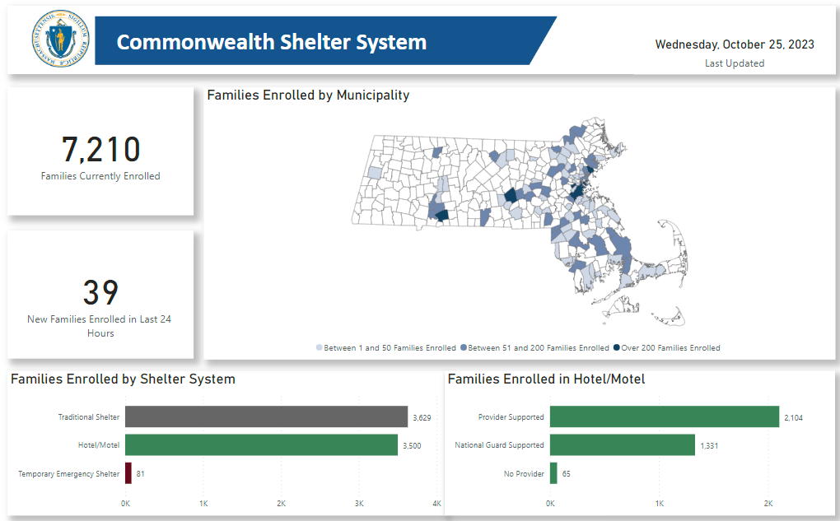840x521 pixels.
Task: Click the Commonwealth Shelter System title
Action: (272, 42)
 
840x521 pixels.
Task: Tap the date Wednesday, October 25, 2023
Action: (735, 44)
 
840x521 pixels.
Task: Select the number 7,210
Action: (100, 150)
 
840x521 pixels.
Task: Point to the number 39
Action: (100, 293)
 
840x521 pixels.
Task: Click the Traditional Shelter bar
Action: (266, 416)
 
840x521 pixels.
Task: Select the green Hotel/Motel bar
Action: (261, 445)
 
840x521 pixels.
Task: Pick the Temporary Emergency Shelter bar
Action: (128, 473)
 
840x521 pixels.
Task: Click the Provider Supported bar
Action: (664, 416)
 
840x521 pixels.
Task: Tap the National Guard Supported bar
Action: (622, 445)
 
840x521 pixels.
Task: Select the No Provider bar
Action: (553, 473)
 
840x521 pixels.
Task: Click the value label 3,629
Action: (421, 418)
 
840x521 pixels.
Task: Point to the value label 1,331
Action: (709, 446)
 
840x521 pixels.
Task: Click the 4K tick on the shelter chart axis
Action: (436, 503)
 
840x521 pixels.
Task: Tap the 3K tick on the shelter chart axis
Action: (358, 503)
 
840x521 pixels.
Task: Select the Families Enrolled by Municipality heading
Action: (308, 95)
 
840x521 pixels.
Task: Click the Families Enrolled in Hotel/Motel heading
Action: (546, 379)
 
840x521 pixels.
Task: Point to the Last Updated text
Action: (735, 63)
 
